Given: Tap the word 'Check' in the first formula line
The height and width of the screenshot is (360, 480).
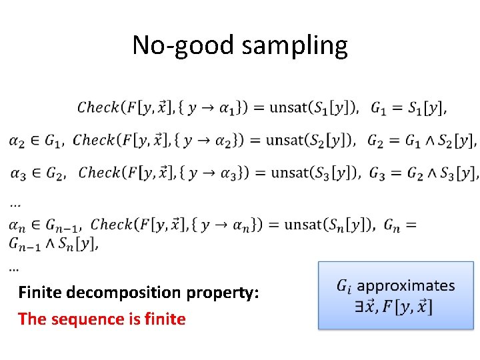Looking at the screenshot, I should click(x=98, y=107).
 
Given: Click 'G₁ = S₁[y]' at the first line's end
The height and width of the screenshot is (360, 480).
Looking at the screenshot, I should click(x=408, y=107).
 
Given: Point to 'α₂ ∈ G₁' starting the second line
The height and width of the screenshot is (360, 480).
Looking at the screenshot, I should click(x=36, y=140).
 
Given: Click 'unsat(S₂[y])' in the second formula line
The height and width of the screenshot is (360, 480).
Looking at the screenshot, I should click(x=311, y=140).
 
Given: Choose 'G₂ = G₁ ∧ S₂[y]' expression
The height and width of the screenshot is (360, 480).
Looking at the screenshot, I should click(x=422, y=141).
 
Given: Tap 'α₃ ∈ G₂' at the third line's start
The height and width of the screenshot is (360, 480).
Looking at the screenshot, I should click(x=37, y=173).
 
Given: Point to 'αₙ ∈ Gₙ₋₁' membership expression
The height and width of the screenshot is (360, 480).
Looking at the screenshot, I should click(x=44, y=225).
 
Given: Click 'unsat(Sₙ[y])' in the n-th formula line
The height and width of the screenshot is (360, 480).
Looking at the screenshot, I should click(x=330, y=225).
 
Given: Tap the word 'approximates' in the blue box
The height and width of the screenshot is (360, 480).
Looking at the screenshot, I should click(x=405, y=286).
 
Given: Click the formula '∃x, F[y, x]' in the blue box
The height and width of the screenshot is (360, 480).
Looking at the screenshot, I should click(x=394, y=307).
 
